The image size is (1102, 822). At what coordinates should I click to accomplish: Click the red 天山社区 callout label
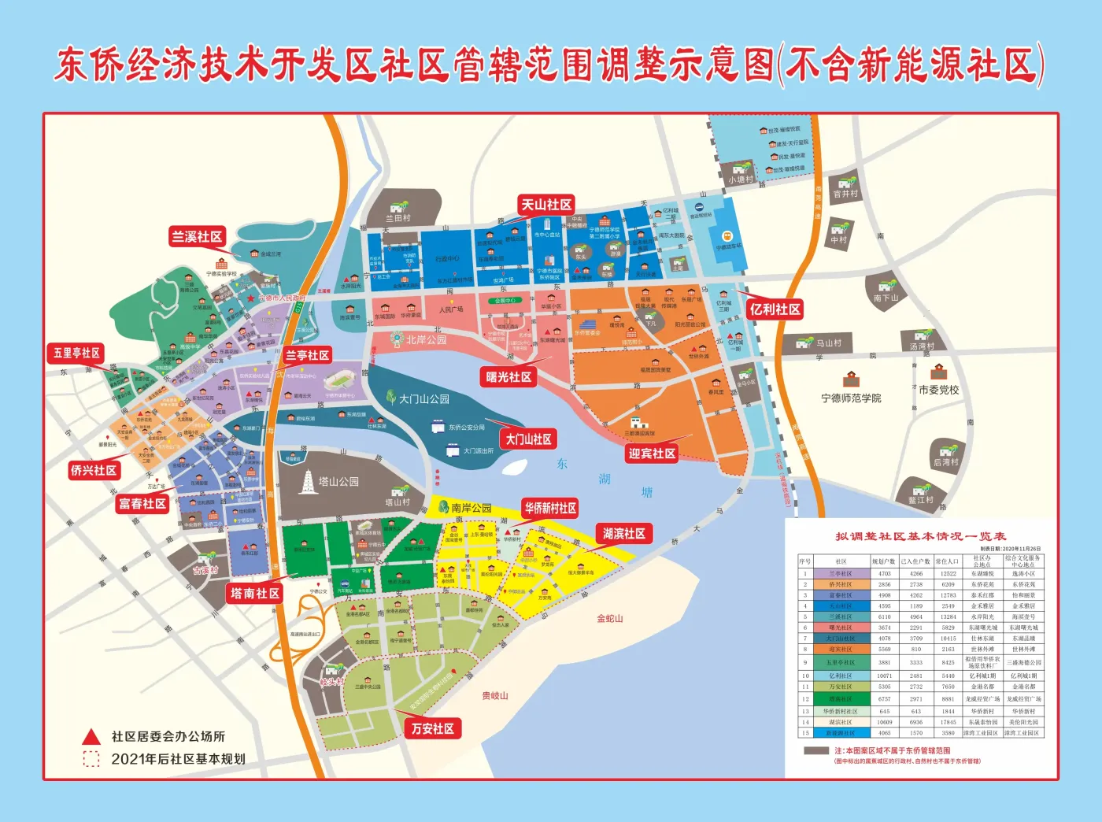pyautogui.click(x=546, y=205)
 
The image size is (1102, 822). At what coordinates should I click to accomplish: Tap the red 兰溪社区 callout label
pyautogui.click(x=197, y=236)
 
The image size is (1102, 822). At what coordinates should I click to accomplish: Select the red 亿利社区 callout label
pyautogui.click(x=775, y=309)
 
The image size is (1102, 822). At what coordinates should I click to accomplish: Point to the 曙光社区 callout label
pyautogui.click(x=508, y=377)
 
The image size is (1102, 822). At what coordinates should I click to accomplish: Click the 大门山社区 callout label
pyautogui.click(x=528, y=439)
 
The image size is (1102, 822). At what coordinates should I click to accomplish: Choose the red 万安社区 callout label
pyautogui.click(x=432, y=728)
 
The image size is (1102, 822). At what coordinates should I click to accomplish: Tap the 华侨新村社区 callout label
pyautogui.click(x=550, y=508)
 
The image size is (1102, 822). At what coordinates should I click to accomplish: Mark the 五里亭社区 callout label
pyautogui.click(x=76, y=353)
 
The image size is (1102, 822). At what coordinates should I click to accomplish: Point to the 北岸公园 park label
pyautogui.click(x=426, y=339)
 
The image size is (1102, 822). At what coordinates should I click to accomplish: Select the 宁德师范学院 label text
pyautogui.click(x=851, y=398)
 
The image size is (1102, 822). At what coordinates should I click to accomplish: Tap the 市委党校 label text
pyautogui.click(x=938, y=390)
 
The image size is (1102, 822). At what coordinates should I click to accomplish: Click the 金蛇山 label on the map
pyautogui.click(x=610, y=619)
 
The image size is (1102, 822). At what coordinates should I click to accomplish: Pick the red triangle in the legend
pyautogui.click(x=92, y=737)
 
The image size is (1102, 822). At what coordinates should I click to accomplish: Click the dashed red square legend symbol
pyautogui.click(x=92, y=759)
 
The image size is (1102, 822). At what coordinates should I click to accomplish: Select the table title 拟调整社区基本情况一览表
pyautogui.click(x=920, y=536)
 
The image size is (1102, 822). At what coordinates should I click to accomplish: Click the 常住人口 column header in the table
pyautogui.click(x=948, y=561)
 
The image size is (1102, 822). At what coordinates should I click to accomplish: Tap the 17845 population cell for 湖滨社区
pyautogui.click(x=948, y=722)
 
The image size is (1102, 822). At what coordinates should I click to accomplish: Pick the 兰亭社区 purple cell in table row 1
pyautogui.click(x=841, y=574)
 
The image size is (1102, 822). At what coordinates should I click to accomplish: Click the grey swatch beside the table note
pyautogui.click(x=816, y=751)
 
